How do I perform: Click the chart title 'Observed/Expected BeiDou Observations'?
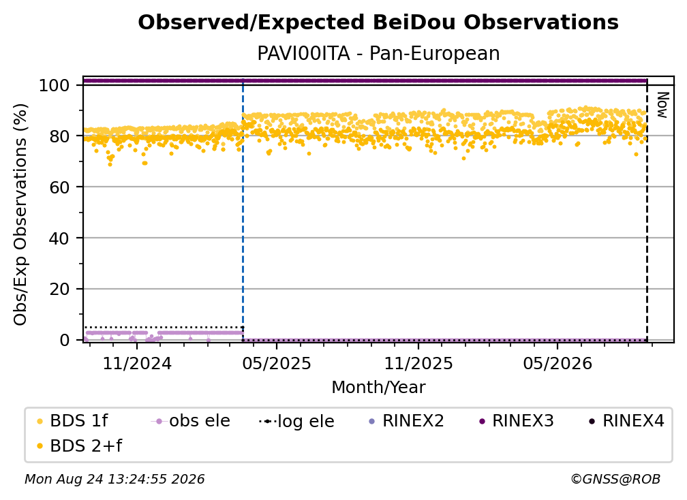coord(378,22)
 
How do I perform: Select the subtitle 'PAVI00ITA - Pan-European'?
coord(378,54)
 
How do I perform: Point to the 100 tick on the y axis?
coord(55,85)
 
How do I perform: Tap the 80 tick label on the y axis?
coord(59,136)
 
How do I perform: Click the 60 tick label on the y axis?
coord(59,187)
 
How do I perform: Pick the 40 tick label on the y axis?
coord(59,238)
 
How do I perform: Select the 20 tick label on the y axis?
coord(59,289)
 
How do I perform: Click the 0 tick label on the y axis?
coord(65,340)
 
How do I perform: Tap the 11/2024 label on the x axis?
coord(137,363)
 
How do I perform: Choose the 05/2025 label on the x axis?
coord(277,363)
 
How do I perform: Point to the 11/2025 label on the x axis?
coord(418,363)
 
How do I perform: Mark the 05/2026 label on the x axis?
coord(558,363)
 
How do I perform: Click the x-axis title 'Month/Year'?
coord(378,388)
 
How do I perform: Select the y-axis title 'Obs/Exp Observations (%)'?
coord(20,215)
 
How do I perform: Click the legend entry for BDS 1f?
coord(72,421)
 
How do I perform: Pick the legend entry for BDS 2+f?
coord(79,446)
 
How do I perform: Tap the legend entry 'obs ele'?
coord(191,421)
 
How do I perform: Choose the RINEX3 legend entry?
coord(517,421)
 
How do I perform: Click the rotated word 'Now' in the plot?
coord(662,105)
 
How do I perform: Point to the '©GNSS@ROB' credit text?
coord(615,479)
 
